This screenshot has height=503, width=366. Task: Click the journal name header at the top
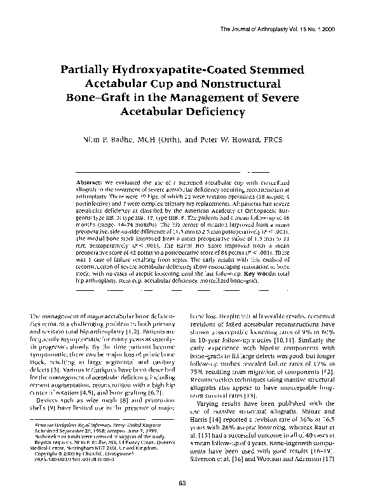coord(293,30)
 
